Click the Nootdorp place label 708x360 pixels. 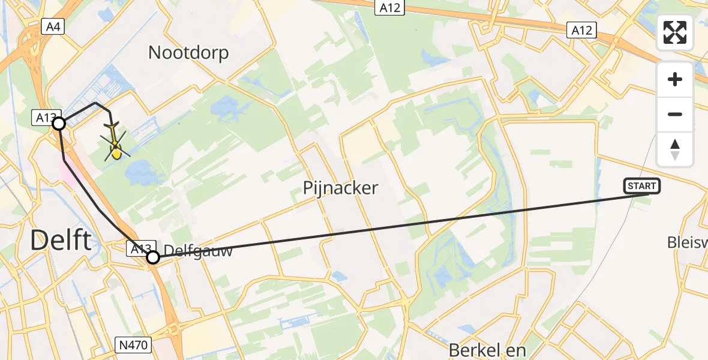(x=188, y=53)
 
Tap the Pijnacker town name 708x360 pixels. (x=340, y=188)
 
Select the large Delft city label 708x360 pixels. (x=61, y=241)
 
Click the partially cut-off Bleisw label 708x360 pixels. (x=688, y=242)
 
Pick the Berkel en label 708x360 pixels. (x=487, y=350)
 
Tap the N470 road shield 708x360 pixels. (x=134, y=345)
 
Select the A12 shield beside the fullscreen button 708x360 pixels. (x=581, y=31)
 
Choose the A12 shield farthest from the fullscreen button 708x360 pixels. (x=391, y=7)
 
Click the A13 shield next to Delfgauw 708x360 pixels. (x=140, y=248)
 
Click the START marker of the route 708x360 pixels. (x=642, y=186)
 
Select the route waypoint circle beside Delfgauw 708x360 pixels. (x=153, y=257)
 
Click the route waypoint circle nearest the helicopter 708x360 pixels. (x=59, y=124)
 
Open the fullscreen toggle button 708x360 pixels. (x=675, y=32)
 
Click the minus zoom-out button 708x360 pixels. (x=675, y=114)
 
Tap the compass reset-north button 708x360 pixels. (x=675, y=149)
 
